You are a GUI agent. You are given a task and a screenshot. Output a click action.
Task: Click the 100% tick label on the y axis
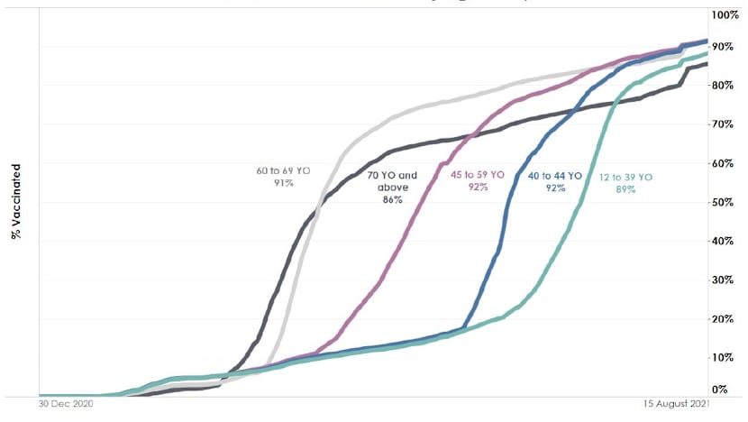pyautogui.click(x=726, y=14)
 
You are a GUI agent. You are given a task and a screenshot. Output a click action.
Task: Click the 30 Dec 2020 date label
pyautogui.click(x=66, y=405)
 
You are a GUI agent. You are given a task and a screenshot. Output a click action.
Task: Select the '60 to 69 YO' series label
pyautogui.click(x=287, y=169)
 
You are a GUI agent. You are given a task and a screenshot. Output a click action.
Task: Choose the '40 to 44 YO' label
pyautogui.click(x=554, y=177)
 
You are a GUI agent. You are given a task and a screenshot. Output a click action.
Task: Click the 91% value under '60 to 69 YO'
pyautogui.click(x=286, y=182)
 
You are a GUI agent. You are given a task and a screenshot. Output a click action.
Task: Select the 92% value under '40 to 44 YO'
pyautogui.click(x=554, y=189)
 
